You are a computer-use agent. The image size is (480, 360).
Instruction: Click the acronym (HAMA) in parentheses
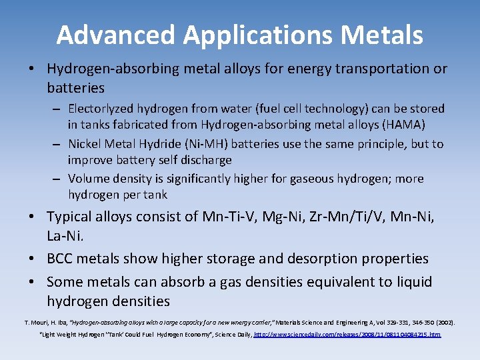402,125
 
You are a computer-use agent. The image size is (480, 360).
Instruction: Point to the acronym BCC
61,259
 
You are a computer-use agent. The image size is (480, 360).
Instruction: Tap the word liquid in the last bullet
411,282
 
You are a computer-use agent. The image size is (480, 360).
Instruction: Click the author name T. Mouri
37,322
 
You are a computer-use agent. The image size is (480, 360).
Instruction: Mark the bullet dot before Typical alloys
33,217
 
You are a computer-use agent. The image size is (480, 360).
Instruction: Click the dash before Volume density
57,179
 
